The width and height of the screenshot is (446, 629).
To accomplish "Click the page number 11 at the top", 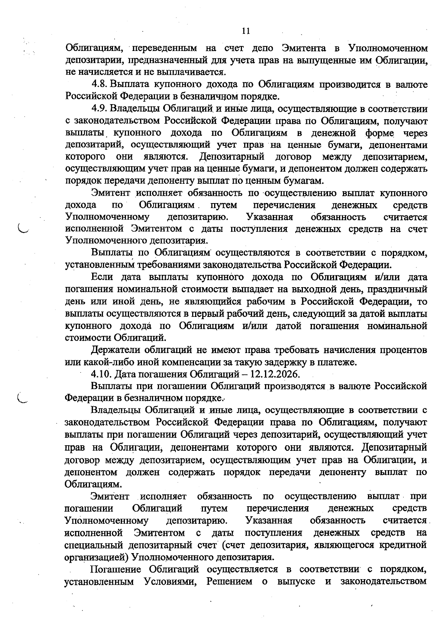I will pyautogui.click(x=245, y=31).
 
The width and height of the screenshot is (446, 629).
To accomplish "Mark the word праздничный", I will pyautogui.click(x=400, y=289).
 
